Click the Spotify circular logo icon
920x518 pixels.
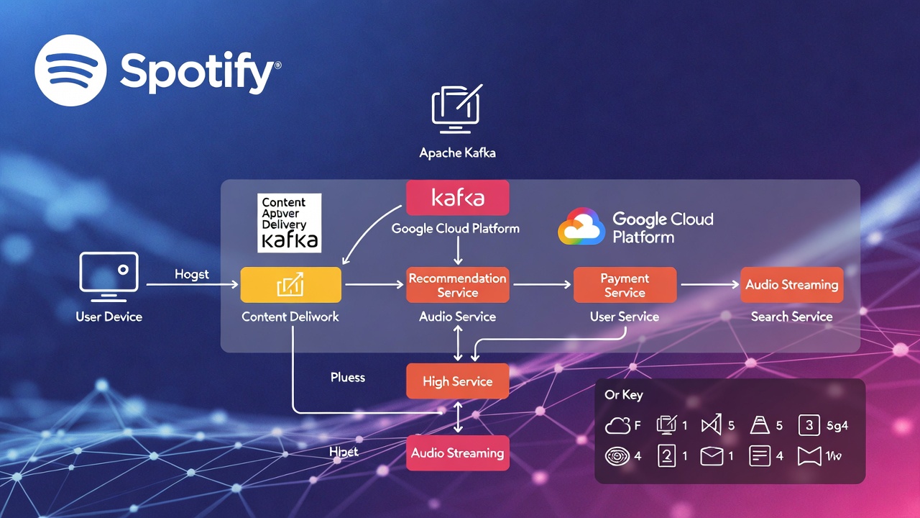coord(70,70)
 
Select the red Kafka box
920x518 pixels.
coord(457,198)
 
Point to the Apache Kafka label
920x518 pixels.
coord(457,153)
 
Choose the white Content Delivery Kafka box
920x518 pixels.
coord(289,222)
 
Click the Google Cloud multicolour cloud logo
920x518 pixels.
coord(581,227)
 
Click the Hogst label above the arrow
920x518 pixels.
coord(192,274)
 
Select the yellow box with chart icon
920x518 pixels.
coord(290,285)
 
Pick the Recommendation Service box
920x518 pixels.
coord(457,285)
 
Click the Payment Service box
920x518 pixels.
coord(625,285)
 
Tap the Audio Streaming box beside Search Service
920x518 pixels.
coord(791,285)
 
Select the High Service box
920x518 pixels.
coord(457,381)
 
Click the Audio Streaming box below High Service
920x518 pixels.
coord(457,453)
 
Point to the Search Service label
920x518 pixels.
coord(791,317)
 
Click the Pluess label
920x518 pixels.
coord(348,377)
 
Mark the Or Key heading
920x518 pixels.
coord(624,395)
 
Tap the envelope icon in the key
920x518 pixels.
coord(712,456)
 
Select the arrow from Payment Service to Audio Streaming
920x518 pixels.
coord(709,285)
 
